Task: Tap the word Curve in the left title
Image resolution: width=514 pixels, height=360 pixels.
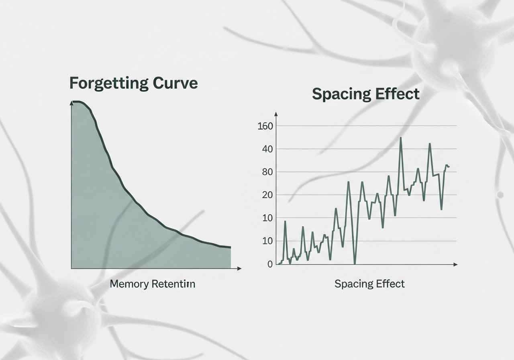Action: [x=175, y=83]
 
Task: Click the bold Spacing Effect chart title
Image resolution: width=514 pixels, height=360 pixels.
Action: [x=365, y=94]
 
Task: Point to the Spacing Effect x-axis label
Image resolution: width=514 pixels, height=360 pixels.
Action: [x=369, y=284]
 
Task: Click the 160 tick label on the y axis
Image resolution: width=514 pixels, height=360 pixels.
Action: [x=265, y=126]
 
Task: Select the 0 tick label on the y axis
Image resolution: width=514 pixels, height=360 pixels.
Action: [x=270, y=264]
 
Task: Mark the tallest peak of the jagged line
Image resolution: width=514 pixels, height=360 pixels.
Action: [x=401, y=138]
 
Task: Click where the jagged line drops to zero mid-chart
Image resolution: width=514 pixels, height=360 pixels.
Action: [x=355, y=264]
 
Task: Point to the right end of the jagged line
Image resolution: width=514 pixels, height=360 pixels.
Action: [x=449, y=166]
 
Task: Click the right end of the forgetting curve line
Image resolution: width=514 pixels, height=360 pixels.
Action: [x=230, y=247]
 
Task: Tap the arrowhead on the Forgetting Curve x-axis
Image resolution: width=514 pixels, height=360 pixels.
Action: [x=239, y=268]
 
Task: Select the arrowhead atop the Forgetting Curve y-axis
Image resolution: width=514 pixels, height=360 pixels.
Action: [x=71, y=103]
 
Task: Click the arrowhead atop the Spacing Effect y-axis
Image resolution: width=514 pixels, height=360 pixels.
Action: [x=276, y=114]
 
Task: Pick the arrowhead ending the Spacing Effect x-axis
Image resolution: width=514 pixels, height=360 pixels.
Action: [x=455, y=264]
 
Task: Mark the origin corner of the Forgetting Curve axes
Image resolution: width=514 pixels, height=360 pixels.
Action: [x=71, y=268]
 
